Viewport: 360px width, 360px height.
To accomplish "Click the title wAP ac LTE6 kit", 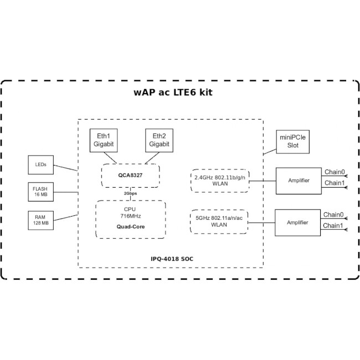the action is pyautogui.click(x=173, y=92).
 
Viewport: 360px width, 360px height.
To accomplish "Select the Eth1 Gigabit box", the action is pyautogui.click(x=104, y=140).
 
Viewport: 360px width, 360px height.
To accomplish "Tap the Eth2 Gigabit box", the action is pyautogui.click(x=159, y=140).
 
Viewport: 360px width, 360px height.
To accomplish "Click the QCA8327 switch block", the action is pyautogui.click(x=130, y=176).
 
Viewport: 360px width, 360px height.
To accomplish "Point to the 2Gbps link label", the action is pyautogui.click(x=130, y=193).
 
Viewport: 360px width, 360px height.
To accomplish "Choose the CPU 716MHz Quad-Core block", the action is pyautogui.click(x=130, y=219).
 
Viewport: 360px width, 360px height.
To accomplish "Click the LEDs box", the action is pyautogui.click(x=41, y=164).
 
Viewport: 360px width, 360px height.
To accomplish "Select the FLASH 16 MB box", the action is pyautogui.click(x=41, y=192).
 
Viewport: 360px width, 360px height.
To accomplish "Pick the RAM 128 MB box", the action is pyautogui.click(x=41, y=220).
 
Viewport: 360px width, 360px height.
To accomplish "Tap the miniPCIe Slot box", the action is pyautogui.click(x=293, y=142).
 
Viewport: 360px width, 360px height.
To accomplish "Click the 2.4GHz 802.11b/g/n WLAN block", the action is pyautogui.click(x=220, y=181).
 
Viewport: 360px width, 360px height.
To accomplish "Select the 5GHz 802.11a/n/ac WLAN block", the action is pyautogui.click(x=219, y=222).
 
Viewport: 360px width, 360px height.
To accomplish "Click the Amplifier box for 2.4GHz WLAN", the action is pyautogui.click(x=299, y=181).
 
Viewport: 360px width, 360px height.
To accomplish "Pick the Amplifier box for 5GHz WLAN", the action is pyautogui.click(x=297, y=223).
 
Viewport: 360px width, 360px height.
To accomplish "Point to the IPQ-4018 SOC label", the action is pyautogui.click(x=172, y=259).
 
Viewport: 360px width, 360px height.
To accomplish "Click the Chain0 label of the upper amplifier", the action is pyautogui.click(x=335, y=172).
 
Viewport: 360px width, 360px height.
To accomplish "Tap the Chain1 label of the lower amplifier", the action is pyautogui.click(x=333, y=225).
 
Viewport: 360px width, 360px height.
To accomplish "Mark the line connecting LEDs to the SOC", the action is pyautogui.click(x=66, y=168).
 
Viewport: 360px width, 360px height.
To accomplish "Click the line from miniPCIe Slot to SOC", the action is pyautogui.click(x=270, y=152).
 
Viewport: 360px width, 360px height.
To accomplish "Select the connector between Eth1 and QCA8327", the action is pyautogui.click(x=110, y=158).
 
